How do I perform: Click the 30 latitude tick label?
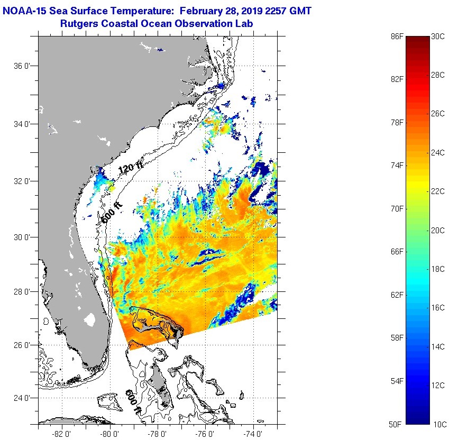tap(20, 237)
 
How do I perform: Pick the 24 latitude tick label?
tap(20, 398)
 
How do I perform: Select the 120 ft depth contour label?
tap(130, 169)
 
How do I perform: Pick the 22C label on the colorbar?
tap(438, 191)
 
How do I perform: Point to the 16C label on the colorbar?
tap(438, 308)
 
